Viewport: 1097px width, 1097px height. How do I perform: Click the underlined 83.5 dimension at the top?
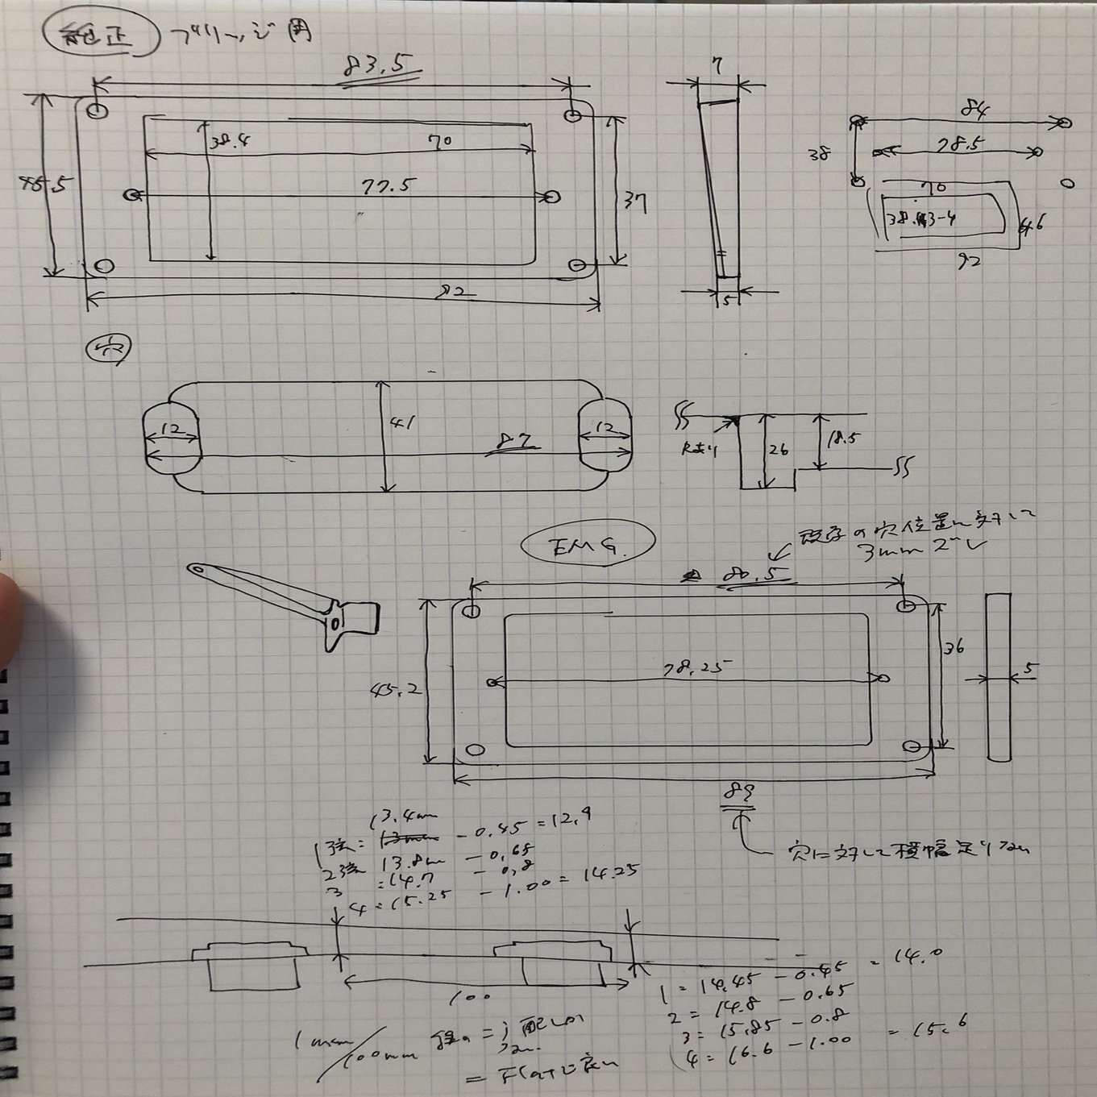(x=375, y=68)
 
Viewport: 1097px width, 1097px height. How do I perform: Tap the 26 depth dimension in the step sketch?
(x=778, y=449)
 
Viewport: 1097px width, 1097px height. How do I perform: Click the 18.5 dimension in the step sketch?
(x=841, y=439)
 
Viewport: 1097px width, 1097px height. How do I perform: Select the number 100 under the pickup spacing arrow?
(x=476, y=996)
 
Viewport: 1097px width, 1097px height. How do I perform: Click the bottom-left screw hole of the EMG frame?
(x=476, y=750)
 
